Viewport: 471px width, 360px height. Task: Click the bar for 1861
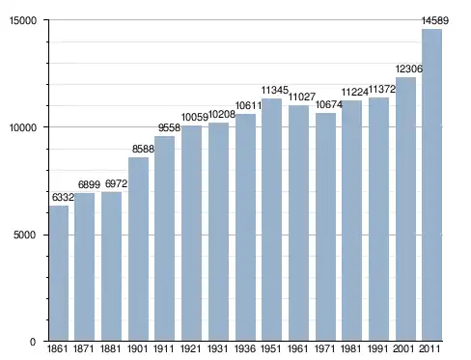coord(59,273)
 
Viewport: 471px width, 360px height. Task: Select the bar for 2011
coord(431,185)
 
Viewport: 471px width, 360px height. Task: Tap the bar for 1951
coord(271,220)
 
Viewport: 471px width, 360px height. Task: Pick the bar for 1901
coord(138,249)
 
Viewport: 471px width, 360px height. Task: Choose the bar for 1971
coord(325,227)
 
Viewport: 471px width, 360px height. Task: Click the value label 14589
coord(435,20)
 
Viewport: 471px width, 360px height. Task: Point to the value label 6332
coord(63,197)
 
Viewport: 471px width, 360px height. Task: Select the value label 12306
coord(408,69)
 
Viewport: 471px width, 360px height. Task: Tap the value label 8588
coord(143,149)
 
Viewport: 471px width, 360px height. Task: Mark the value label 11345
coord(274,90)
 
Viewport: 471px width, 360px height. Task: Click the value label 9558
coord(169,127)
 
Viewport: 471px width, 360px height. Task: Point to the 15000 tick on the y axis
coord(23,20)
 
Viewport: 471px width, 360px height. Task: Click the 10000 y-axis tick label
coord(23,127)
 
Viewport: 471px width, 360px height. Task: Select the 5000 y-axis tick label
coord(25,235)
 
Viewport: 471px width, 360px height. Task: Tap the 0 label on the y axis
coord(33,342)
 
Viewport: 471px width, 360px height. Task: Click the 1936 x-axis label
coord(245,348)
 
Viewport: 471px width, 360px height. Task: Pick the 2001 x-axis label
coord(403,348)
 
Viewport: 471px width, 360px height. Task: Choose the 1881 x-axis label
coord(110,348)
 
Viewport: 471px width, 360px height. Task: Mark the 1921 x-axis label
coord(191,348)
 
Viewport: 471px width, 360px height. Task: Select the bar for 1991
coord(378,219)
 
